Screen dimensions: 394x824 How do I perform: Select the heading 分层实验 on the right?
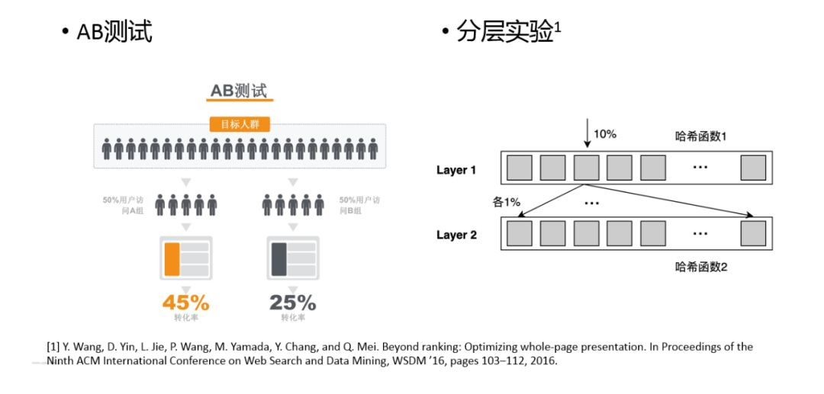click(504, 31)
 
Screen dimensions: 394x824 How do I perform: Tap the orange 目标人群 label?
click(240, 125)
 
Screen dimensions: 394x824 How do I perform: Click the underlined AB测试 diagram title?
click(241, 91)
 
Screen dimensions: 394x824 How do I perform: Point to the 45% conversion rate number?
click(185, 302)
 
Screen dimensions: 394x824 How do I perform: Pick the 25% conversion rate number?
click(292, 302)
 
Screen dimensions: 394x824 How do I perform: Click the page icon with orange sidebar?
click(185, 258)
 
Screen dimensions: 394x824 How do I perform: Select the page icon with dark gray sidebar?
click(292, 258)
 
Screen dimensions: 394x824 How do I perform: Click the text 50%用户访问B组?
click(359, 205)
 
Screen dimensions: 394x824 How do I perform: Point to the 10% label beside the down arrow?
click(605, 134)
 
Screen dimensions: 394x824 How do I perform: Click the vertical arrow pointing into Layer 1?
click(587, 134)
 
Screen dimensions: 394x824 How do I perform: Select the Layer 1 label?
click(456, 170)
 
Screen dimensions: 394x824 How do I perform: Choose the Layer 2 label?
click(456, 235)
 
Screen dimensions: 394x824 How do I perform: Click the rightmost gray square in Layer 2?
click(752, 233)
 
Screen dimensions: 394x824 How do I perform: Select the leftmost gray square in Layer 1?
click(520, 168)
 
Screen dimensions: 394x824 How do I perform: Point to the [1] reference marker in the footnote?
click(53, 347)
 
